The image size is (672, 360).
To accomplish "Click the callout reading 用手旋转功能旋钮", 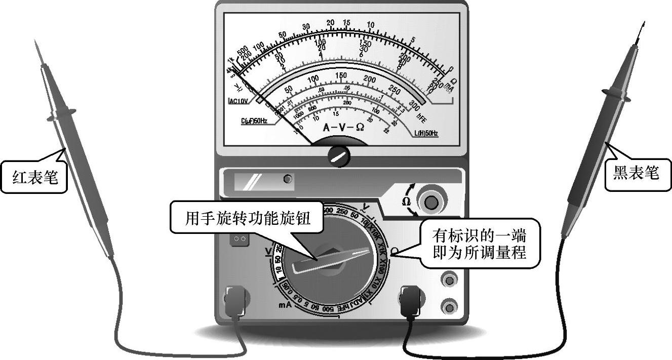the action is (247, 218).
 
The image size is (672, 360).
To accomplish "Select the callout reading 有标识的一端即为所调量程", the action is (479, 244).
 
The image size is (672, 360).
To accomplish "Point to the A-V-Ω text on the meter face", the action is (343, 128).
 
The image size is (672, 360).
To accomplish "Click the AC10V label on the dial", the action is (239, 101).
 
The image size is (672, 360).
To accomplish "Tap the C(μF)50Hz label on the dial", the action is (254, 121).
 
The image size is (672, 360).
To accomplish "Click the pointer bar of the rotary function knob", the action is (334, 258).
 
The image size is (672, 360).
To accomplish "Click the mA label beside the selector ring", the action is (284, 305).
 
